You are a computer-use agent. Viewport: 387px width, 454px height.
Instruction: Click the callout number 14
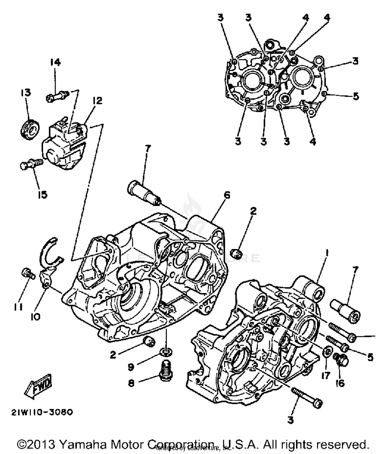55,62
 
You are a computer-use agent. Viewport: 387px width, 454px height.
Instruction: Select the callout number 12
97,100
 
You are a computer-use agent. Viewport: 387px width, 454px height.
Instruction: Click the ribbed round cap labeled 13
30,129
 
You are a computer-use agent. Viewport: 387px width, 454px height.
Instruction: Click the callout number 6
227,195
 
